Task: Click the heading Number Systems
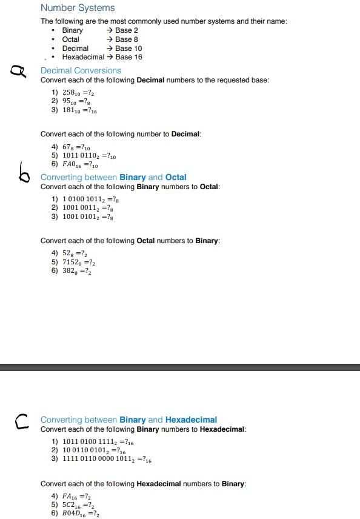click(x=78, y=8)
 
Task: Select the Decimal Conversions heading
click(x=81, y=70)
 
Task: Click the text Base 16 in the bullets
click(x=128, y=57)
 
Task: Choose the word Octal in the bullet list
click(x=71, y=39)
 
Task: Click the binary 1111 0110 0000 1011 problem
click(x=107, y=459)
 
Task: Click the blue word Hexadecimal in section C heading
click(x=191, y=420)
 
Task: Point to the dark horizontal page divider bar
click(x=180, y=367)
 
